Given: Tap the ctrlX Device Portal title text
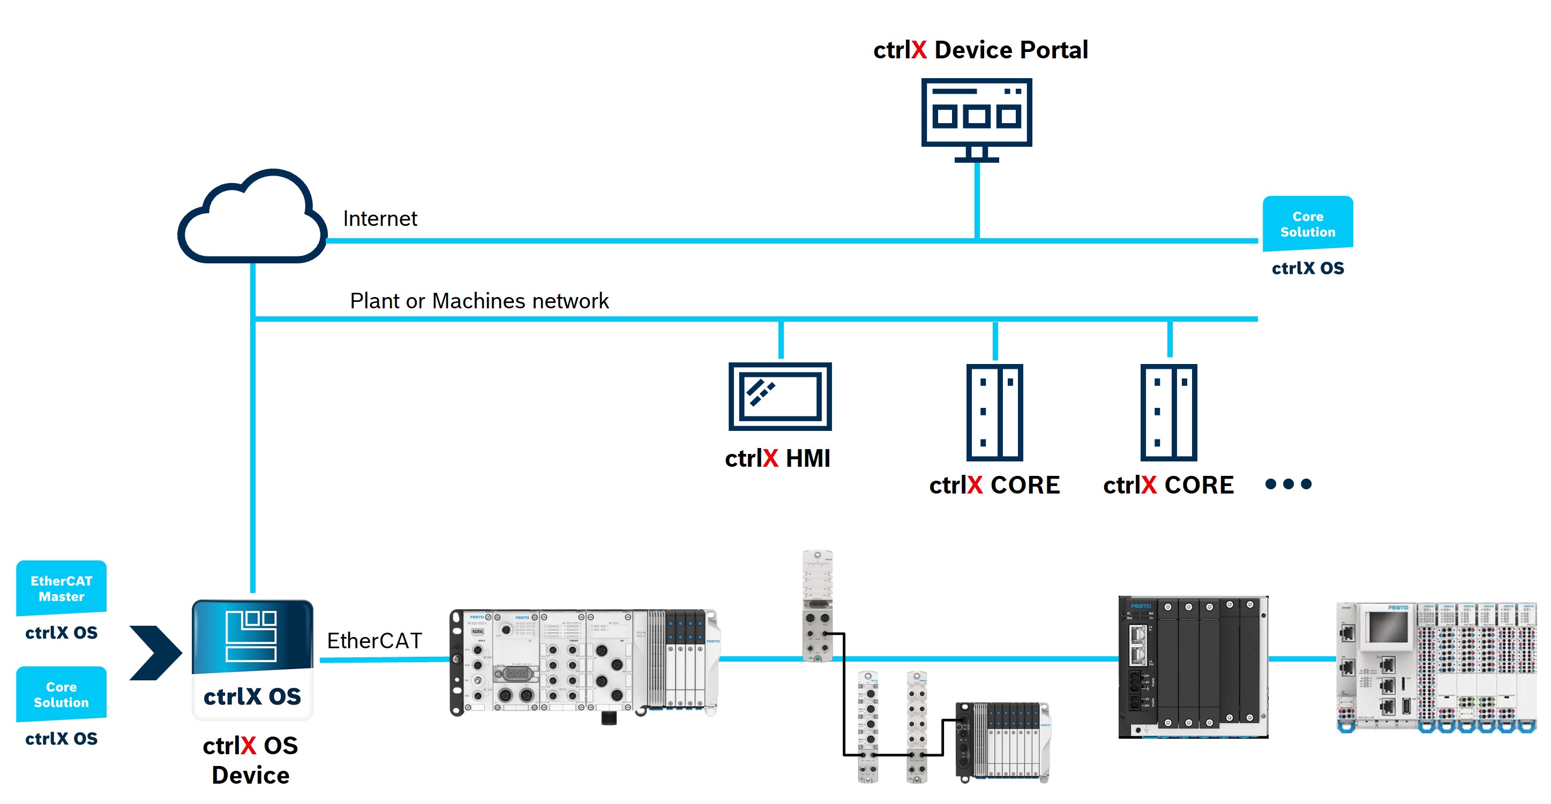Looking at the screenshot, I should pyautogui.click(x=980, y=50).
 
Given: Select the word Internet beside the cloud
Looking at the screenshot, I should pyautogui.click(x=380, y=218).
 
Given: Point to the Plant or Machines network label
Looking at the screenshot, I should pyautogui.click(x=479, y=301).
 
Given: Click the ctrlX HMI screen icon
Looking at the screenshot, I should pyautogui.click(x=780, y=397).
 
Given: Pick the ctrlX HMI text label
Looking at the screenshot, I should pyautogui.click(x=777, y=459).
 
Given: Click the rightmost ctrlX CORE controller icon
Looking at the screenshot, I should pyautogui.click(x=1168, y=412).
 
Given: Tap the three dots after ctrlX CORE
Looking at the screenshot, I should pyautogui.click(x=1288, y=484).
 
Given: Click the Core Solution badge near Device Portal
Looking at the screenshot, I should pyautogui.click(x=1307, y=224).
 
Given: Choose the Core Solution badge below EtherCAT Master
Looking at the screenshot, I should pyautogui.click(x=62, y=694).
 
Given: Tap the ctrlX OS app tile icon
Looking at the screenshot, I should pyautogui.click(x=252, y=659).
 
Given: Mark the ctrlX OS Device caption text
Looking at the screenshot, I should pyautogui.click(x=251, y=760).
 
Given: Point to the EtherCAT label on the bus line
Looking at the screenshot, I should pyautogui.click(x=374, y=641).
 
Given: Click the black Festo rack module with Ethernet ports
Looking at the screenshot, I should pyautogui.click(x=1193, y=667).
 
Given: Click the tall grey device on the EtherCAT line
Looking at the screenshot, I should pyautogui.click(x=817, y=605).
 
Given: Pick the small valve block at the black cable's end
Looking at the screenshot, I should pyautogui.click(x=1002, y=741).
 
